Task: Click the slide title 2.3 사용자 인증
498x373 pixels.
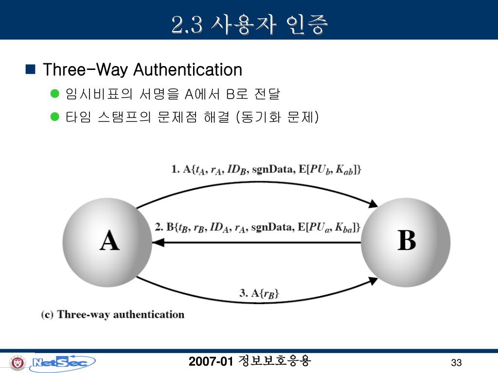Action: (249, 24)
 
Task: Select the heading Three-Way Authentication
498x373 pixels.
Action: (142, 70)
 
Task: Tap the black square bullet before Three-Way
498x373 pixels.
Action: (30, 69)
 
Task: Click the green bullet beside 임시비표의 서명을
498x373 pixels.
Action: (54, 94)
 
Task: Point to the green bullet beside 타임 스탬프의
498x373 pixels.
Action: (54, 117)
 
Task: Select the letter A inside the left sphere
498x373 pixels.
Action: (109, 241)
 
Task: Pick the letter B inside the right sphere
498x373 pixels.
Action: (407, 240)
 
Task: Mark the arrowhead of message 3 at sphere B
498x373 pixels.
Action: (373, 280)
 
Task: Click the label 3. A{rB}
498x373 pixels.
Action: (259, 293)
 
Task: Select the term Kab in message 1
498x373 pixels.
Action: (348, 170)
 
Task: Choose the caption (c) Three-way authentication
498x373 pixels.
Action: (113, 314)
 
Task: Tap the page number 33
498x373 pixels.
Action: (456, 363)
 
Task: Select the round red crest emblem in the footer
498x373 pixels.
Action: (18, 362)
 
